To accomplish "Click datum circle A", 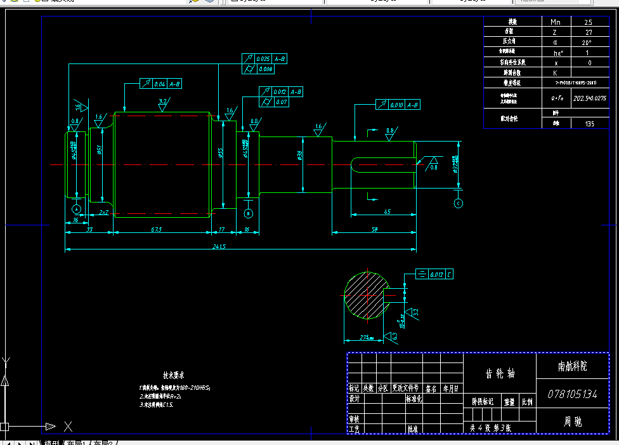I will pos(77,209).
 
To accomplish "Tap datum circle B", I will pos(249,212).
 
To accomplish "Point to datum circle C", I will pos(459,203).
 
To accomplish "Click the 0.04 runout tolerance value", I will pos(159,84).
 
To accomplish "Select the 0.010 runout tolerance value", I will pos(396,105).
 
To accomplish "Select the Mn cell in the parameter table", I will pos(555,21).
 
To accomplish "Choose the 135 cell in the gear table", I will pos(590,124).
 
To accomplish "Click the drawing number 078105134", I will pos(572,394).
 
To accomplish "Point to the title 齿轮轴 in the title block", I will pos(500,374).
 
